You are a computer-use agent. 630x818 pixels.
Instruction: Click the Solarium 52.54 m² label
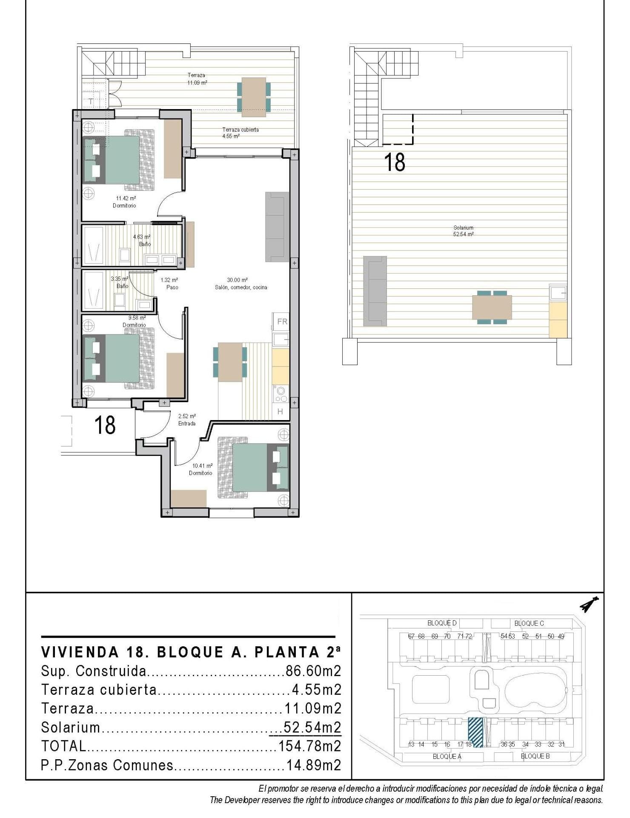[x=464, y=231]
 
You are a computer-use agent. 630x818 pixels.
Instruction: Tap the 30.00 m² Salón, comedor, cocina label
[x=241, y=284]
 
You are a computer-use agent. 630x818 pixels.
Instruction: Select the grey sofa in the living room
[x=277, y=226]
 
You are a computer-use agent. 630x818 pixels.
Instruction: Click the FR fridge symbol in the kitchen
[x=282, y=322]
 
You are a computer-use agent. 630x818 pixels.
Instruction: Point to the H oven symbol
[x=280, y=412]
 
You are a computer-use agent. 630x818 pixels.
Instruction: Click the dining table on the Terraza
[x=254, y=97]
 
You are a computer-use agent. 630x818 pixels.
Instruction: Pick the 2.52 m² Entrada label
[x=187, y=420]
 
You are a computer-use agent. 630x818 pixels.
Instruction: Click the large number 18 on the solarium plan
[x=394, y=162]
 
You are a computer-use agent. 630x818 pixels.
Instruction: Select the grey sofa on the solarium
[x=375, y=291]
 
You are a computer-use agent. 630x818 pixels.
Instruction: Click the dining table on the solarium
[x=492, y=307]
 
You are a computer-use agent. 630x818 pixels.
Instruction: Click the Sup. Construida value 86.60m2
[x=313, y=671]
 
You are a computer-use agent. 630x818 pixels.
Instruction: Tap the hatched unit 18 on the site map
[x=475, y=732]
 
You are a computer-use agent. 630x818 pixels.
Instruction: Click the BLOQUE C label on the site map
[x=529, y=623]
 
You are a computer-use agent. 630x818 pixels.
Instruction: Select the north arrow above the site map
[x=589, y=604]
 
